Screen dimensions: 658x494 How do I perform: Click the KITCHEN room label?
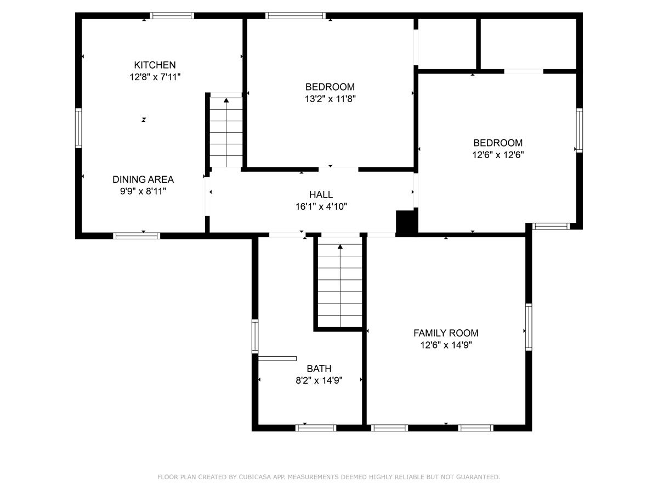point(155,65)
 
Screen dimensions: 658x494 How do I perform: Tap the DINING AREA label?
point(143,179)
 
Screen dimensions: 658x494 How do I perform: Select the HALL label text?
point(321,195)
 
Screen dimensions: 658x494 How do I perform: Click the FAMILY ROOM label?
point(446,333)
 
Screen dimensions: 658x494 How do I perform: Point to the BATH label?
point(319,368)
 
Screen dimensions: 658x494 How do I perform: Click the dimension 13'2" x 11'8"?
point(330,99)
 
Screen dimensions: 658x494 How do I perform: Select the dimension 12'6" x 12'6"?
point(498,155)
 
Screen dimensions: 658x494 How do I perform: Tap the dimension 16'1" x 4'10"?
point(321,207)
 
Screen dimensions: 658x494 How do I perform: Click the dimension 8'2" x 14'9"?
point(319,380)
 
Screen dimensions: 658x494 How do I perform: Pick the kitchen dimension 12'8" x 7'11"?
point(155,77)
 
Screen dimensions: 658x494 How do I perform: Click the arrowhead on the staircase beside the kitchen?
point(226,100)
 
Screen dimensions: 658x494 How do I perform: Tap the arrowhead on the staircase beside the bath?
point(340,246)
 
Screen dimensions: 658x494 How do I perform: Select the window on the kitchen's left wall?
point(78,128)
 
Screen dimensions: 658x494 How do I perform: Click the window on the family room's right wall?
point(529,327)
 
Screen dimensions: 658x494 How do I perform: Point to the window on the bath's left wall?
point(255,336)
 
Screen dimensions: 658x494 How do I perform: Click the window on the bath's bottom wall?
point(316,428)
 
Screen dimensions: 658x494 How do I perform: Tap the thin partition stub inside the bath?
point(277,358)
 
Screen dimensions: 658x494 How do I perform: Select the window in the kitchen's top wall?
point(172,15)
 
